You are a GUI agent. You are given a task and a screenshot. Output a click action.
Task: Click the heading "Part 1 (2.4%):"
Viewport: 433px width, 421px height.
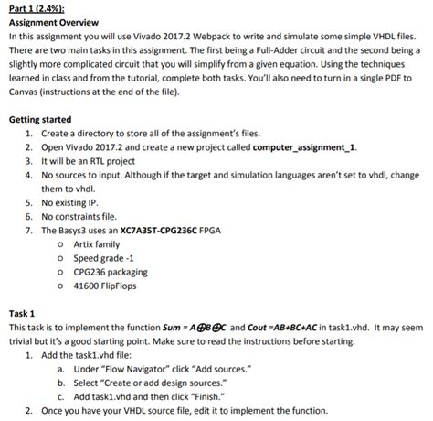(x=37, y=8)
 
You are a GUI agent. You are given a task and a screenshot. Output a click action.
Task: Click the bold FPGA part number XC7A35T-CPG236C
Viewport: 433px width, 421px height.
(x=162, y=231)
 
